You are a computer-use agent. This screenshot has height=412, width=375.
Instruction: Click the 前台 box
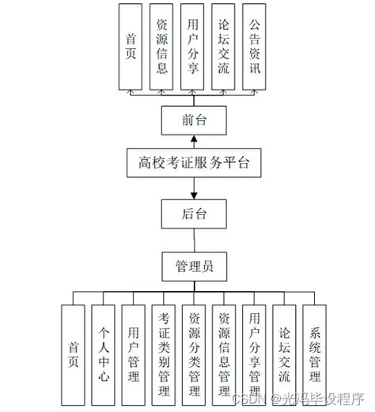[x=193, y=120]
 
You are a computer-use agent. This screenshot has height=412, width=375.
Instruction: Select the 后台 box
[x=193, y=213]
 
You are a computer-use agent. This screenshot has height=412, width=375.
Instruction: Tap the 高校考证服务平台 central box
[x=193, y=164]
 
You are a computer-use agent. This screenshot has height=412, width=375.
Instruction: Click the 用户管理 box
[x=134, y=355]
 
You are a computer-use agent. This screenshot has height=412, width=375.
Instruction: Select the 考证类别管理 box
[x=164, y=355]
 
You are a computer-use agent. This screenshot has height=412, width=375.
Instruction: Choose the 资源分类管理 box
[x=194, y=355]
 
